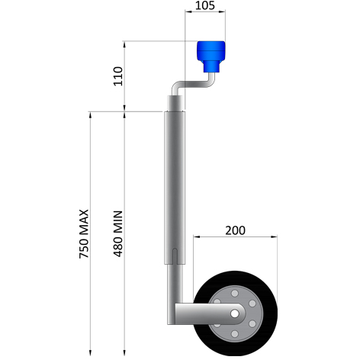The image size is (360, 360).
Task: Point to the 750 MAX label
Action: click(x=85, y=232)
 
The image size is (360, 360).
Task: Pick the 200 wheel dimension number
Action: click(x=236, y=230)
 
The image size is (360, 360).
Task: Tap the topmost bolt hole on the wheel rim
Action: click(x=235, y=292)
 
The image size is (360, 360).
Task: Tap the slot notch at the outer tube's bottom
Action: click(x=175, y=256)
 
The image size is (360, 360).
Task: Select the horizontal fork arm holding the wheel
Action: click(x=202, y=313)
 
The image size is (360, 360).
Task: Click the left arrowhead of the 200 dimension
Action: click(x=196, y=237)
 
